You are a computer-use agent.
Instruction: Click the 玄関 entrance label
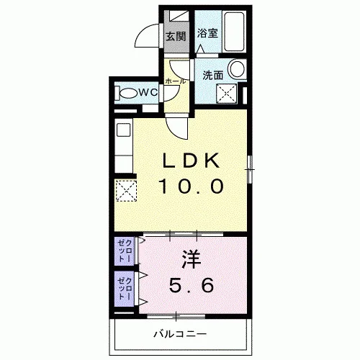tap(176, 37)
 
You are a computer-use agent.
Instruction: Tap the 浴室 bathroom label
tap(207, 33)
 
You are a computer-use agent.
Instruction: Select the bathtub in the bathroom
tap(235, 31)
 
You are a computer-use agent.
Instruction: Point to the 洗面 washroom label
tap(213, 76)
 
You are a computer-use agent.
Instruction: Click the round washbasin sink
tap(237, 68)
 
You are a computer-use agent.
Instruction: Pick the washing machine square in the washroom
tap(227, 94)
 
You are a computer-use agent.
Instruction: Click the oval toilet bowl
tap(128, 93)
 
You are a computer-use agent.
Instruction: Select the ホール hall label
tap(176, 81)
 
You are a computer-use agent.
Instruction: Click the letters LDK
tap(192, 161)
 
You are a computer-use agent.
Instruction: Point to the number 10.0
tap(192, 186)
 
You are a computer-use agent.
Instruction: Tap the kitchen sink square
tap(124, 130)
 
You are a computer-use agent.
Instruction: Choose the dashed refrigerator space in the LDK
tap(126, 191)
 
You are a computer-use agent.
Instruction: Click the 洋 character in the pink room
tap(192, 259)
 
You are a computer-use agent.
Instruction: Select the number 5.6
tap(192, 285)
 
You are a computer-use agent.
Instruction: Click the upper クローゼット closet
tap(125, 251)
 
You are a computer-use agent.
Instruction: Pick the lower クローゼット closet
tap(125, 289)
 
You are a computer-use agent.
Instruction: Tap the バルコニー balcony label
tap(180, 334)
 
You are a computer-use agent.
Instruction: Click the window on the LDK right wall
tap(250, 169)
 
